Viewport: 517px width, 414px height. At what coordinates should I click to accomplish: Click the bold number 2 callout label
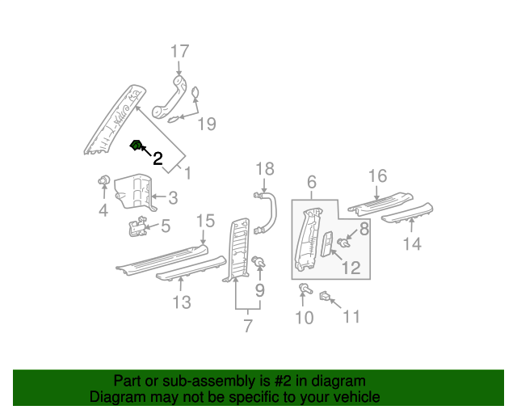[x=158, y=159]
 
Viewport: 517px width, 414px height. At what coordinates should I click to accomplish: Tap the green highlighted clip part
[x=137, y=146]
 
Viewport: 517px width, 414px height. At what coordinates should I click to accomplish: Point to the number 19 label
[x=207, y=124]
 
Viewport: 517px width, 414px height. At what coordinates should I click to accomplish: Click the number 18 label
[x=265, y=169]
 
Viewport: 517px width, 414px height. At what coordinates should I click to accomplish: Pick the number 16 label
[x=377, y=176]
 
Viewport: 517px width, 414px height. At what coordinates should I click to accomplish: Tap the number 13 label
[x=182, y=302]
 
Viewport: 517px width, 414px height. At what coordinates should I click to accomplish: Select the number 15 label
[x=205, y=221]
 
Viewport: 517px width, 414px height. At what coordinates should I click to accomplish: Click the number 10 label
[x=304, y=317]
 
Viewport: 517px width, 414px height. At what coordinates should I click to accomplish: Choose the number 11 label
[x=351, y=317]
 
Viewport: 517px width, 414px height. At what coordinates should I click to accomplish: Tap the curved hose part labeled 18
[x=268, y=212]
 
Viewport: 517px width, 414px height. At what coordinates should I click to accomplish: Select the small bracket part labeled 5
[x=136, y=229]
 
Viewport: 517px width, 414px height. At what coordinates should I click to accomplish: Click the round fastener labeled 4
[x=103, y=180]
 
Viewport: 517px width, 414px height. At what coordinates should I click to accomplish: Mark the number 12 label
[x=349, y=268]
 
